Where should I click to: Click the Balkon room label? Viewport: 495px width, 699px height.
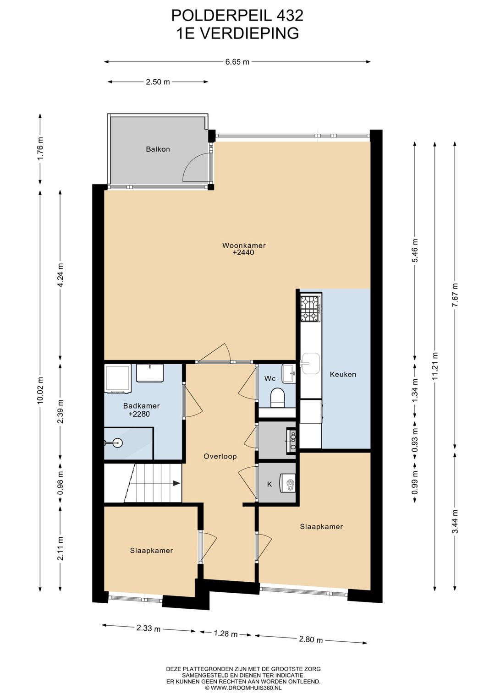[158, 149]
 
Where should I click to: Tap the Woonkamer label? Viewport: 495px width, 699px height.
[244, 245]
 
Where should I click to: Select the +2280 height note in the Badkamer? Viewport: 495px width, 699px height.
[139, 414]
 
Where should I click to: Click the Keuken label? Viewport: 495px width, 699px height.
[343, 374]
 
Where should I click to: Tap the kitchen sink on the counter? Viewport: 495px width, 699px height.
[310, 363]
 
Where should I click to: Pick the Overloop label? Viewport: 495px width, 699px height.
[220, 456]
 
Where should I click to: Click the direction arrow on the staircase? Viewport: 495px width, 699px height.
[177, 483]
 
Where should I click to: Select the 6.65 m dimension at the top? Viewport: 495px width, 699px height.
[237, 62]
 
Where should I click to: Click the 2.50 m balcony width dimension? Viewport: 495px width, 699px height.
[158, 82]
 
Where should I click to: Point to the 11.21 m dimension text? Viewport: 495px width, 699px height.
[435, 366]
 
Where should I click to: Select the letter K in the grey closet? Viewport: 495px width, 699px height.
[269, 484]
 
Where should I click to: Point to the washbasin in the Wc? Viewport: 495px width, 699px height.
[288, 373]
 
